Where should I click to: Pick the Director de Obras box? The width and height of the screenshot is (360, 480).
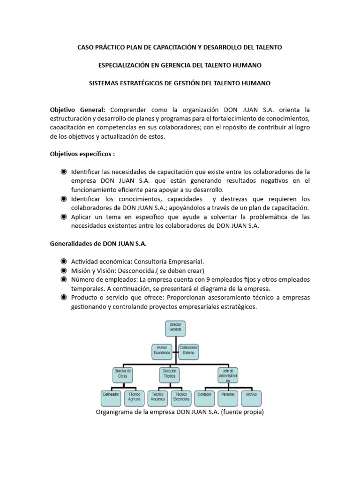(x=123, y=375)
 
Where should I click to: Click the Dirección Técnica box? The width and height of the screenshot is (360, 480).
(x=169, y=375)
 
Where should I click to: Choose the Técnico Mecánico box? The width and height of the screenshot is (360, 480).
(x=158, y=397)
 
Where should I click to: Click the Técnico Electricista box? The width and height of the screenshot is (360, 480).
(x=181, y=397)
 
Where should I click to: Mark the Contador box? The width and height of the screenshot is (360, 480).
(x=205, y=397)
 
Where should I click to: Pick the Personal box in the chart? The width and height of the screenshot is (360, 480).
(x=228, y=397)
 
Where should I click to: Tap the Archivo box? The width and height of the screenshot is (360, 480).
(x=251, y=397)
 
